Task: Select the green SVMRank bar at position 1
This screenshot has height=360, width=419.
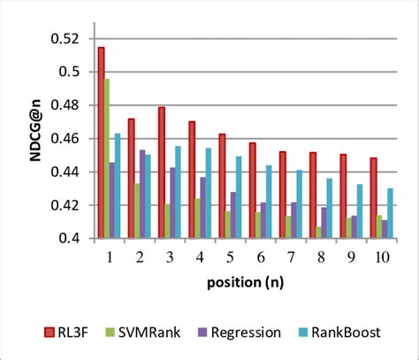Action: pos(107,159)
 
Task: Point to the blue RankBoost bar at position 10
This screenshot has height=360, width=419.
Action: pos(389,213)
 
